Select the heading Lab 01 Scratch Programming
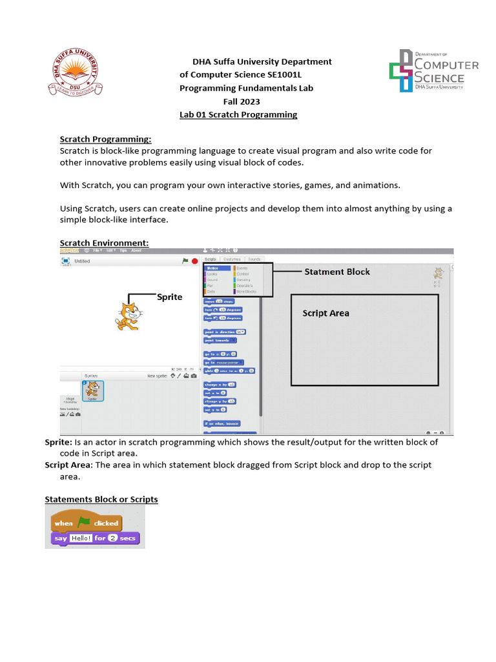tap(238, 114)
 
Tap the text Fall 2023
tap(242, 101)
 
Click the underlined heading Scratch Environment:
tap(104, 243)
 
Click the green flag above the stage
tap(185, 261)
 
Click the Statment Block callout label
tap(337, 272)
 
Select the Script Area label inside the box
tap(325, 314)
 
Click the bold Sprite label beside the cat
tap(170, 297)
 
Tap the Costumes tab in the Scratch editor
tap(232, 259)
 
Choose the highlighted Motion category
tap(212, 268)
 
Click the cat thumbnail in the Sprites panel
tap(92, 390)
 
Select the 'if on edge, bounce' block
tap(222, 423)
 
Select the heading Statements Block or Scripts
tap(101, 499)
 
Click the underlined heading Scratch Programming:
tap(105, 139)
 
